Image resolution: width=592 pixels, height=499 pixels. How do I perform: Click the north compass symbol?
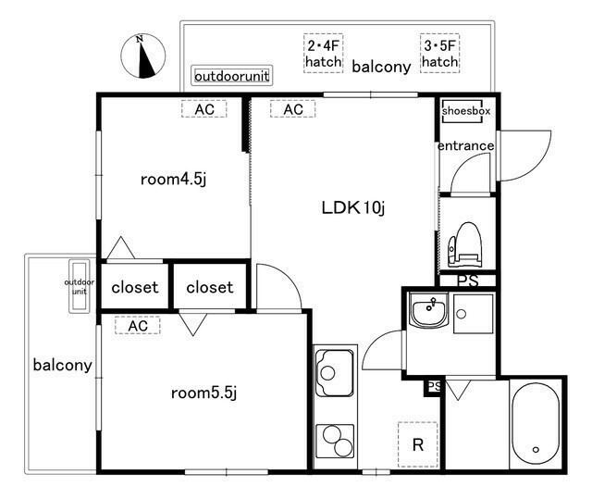pos(142,56)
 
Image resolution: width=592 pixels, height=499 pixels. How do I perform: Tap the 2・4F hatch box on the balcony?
pos(324,54)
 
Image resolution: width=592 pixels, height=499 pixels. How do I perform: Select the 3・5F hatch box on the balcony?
pos(440,54)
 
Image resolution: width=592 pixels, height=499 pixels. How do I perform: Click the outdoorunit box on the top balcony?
pos(232,76)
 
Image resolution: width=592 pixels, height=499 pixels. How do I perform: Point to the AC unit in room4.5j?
pos(203,109)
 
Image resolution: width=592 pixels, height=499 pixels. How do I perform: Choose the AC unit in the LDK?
pos(292,109)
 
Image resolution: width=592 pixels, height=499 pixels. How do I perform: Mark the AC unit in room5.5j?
pos(138,325)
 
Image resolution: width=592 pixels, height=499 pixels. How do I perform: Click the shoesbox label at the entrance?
pos(466,111)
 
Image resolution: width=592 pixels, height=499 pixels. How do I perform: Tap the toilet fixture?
pos(464,244)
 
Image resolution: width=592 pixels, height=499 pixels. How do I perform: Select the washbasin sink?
pos(428,309)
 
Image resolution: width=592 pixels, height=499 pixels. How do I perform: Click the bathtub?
pos(536,423)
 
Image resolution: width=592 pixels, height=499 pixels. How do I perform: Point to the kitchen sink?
pos(335,373)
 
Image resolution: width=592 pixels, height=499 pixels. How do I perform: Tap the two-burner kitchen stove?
pos(335,441)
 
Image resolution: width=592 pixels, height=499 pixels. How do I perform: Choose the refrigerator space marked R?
pos(417,444)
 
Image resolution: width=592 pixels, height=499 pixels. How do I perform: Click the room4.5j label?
pos(173,179)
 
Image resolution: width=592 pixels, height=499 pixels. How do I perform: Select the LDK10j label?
pos(353,207)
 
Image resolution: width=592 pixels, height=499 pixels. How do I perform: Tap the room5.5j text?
pos(203,393)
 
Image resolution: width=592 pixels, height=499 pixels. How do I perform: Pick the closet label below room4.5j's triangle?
pos(135,288)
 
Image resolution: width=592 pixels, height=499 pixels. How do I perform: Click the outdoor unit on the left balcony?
pos(80,286)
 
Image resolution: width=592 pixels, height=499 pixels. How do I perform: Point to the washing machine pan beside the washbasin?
pos(474,314)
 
